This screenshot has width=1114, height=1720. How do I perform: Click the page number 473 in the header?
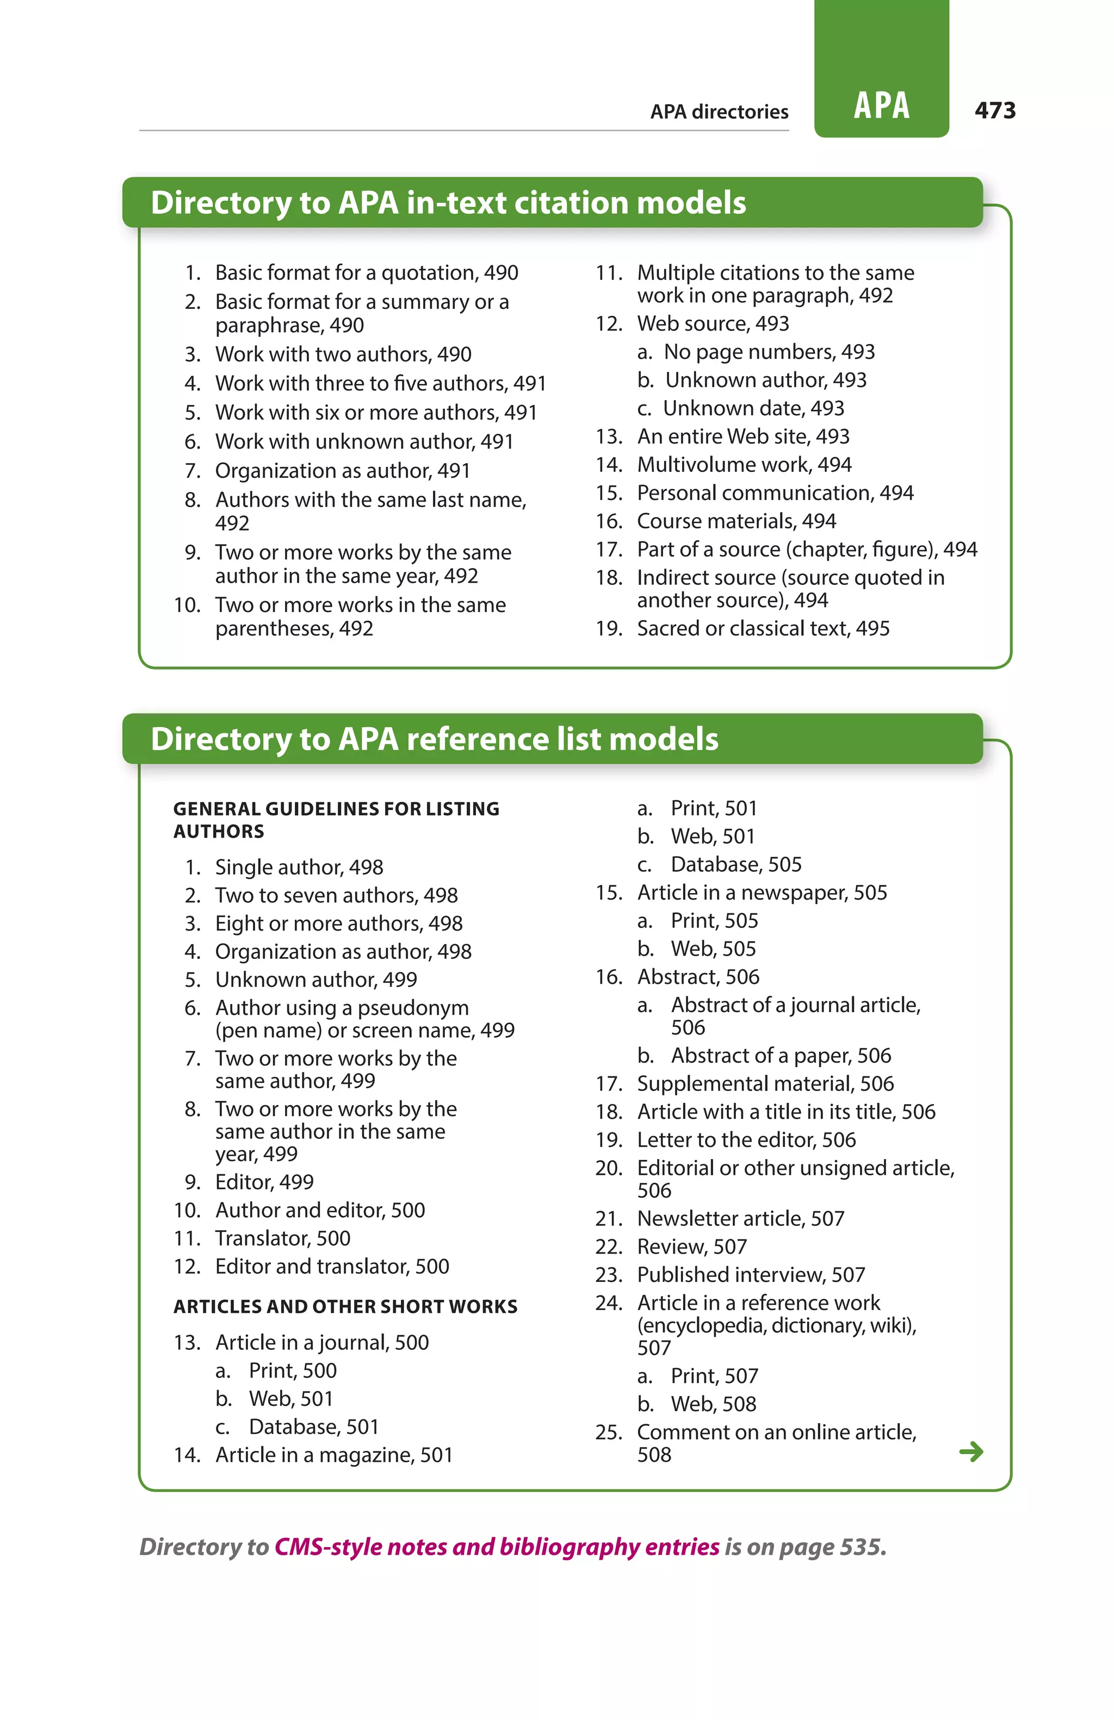coord(995,110)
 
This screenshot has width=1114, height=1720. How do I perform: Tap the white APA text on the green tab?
coord(881,105)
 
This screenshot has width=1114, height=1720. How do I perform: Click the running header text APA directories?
coord(719,112)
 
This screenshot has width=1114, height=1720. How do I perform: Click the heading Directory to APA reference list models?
coord(435,739)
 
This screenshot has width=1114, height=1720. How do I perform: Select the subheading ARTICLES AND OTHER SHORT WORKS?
coord(345,1307)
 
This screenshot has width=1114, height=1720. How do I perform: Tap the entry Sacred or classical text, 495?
coord(763,628)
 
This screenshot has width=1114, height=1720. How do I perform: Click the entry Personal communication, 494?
coord(775,493)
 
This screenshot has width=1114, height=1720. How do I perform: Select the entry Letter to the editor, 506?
coord(746,1139)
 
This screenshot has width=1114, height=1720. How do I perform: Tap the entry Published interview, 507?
coord(751,1274)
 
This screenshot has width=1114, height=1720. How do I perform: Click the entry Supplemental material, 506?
coord(765,1083)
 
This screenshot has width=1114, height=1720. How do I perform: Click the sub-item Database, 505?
coord(736,864)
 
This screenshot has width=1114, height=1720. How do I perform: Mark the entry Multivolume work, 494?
coord(744,465)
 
